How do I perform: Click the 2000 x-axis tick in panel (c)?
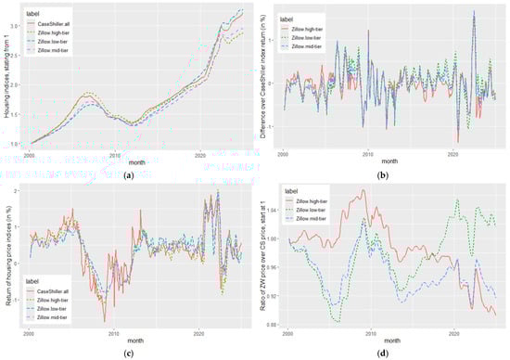click(30, 332)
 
